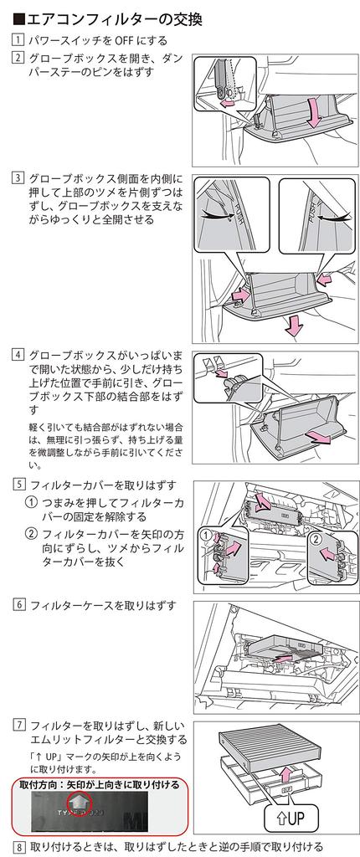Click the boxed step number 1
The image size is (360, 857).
pos(18,40)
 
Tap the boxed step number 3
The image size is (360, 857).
pos(18,179)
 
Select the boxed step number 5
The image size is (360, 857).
pos(18,485)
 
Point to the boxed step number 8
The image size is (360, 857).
pos(18,848)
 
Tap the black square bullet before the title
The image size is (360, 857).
pos(18,20)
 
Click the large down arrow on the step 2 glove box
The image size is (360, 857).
pos(314,112)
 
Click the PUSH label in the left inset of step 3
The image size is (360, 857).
pos(238,211)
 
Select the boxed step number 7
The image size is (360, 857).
pos(18,726)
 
